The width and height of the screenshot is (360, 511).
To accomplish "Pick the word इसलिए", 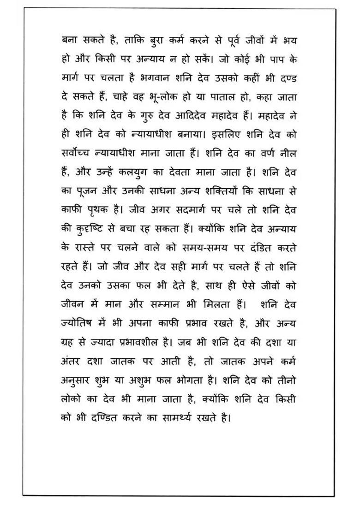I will (x=227, y=135).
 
